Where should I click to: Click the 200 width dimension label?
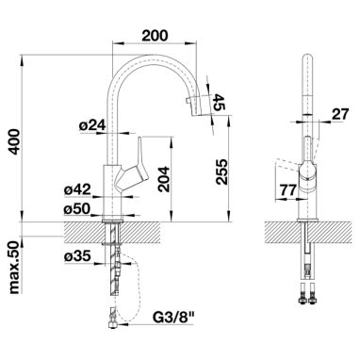coord(155,36)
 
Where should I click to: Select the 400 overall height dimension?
coord(15,141)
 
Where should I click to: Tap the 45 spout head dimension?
coord(219,102)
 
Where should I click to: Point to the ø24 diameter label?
coord(91,126)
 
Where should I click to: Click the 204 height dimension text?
coord(164,179)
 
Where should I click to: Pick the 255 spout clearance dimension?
coord(221,172)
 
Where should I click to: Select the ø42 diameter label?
coord(77,190)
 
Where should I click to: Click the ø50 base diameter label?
coord(77,209)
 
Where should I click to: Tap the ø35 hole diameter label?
coord(77,256)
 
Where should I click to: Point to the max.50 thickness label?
coord(15,268)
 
